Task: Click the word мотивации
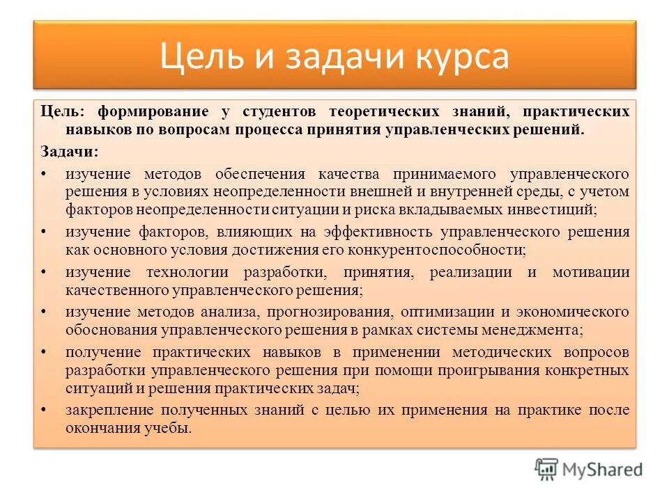click(x=591, y=271)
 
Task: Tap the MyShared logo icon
click(x=546, y=469)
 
